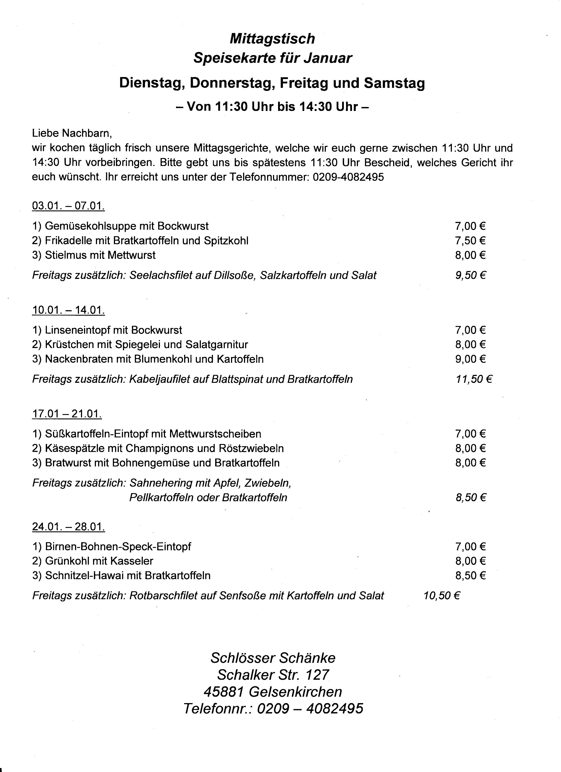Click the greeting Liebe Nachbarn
(72, 133)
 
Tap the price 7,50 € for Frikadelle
(470, 241)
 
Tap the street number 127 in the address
(317, 675)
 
